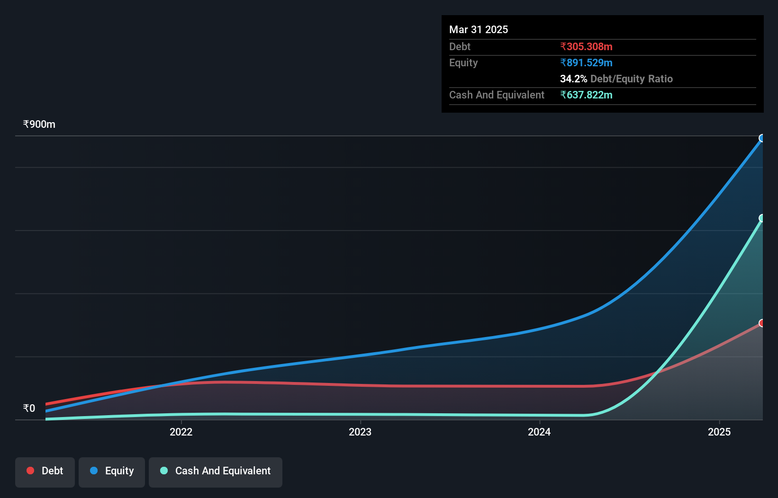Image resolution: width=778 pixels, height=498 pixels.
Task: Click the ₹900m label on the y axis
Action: click(39, 124)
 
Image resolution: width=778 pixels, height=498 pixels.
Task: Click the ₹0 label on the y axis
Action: click(29, 409)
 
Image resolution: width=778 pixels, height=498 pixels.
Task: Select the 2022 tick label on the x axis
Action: click(181, 432)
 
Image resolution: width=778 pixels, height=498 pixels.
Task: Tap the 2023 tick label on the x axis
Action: click(360, 432)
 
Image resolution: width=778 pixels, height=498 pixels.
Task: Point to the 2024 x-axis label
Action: click(539, 432)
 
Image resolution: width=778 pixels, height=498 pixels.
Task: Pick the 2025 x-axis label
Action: click(719, 432)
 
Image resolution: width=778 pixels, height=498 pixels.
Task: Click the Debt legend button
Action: click(45, 471)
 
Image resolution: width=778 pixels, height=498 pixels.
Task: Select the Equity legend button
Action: click(112, 471)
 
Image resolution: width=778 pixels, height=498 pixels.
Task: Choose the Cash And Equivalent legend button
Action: click(216, 471)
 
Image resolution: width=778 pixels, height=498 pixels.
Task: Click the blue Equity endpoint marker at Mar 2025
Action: click(762, 138)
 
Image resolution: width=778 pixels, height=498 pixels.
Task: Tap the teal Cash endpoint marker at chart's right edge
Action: click(762, 218)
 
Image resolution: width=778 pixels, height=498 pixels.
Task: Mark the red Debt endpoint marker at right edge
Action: click(762, 323)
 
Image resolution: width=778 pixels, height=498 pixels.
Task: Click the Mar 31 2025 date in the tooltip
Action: click(479, 30)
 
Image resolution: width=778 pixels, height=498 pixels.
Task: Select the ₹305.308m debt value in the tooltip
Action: click(586, 47)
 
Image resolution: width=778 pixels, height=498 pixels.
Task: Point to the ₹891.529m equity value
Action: click(586, 63)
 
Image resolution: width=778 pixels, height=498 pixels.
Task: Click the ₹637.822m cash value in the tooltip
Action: click(586, 95)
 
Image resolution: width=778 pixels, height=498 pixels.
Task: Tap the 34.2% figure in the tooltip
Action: click(573, 79)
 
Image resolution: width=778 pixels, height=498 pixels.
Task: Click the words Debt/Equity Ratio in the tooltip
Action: click(632, 79)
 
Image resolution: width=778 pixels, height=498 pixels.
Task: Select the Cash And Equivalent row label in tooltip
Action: click(497, 95)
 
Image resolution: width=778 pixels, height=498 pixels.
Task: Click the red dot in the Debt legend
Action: click(30, 471)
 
